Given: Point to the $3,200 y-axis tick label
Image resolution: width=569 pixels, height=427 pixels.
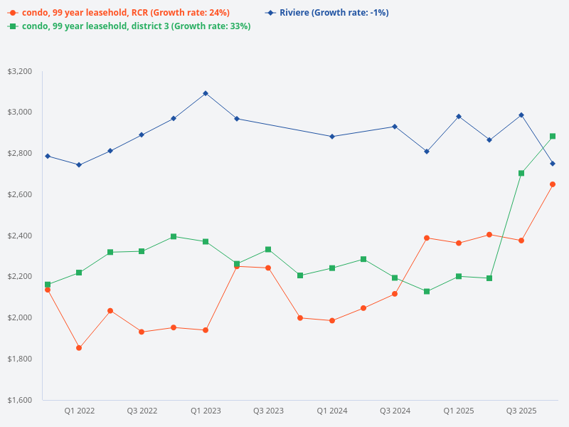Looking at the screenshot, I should [x=20, y=72].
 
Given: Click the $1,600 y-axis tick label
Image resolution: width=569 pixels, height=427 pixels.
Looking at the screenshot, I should [x=20, y=400].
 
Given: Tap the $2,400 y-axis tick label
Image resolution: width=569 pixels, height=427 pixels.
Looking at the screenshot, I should [x=20, y=236].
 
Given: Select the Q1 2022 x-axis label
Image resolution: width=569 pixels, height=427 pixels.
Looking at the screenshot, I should [x=80, y=411].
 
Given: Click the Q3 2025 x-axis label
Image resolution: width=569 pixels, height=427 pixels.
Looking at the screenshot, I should [x=521, y=411].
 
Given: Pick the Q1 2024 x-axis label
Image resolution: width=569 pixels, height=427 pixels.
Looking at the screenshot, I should [x=332, y=411].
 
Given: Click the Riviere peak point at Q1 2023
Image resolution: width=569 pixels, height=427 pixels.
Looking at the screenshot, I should [x=206, y=93].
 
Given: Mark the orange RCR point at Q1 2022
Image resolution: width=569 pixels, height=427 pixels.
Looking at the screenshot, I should [x=79, y=348].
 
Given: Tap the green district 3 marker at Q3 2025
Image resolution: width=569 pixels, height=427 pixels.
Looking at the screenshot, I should [x=521, y=173].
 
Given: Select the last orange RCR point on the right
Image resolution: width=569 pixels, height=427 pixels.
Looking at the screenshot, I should [x=553, y=184].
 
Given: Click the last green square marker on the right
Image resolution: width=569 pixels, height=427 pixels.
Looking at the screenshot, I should [x=553, y=136].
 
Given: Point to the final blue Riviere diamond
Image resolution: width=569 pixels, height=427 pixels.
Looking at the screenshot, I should [x=553, y=164].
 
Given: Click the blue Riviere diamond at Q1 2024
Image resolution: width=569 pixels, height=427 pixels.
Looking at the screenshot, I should [x=332, y=137].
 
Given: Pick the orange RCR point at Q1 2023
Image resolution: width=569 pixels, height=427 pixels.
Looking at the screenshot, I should [x=206, y=330].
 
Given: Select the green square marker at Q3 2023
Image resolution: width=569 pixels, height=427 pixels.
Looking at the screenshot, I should [x=268, y=250].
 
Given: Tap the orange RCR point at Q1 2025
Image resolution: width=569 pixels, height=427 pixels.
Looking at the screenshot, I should [x=459, y=243].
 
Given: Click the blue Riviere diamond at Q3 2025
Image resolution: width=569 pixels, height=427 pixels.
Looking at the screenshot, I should [x=521, y=115].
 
